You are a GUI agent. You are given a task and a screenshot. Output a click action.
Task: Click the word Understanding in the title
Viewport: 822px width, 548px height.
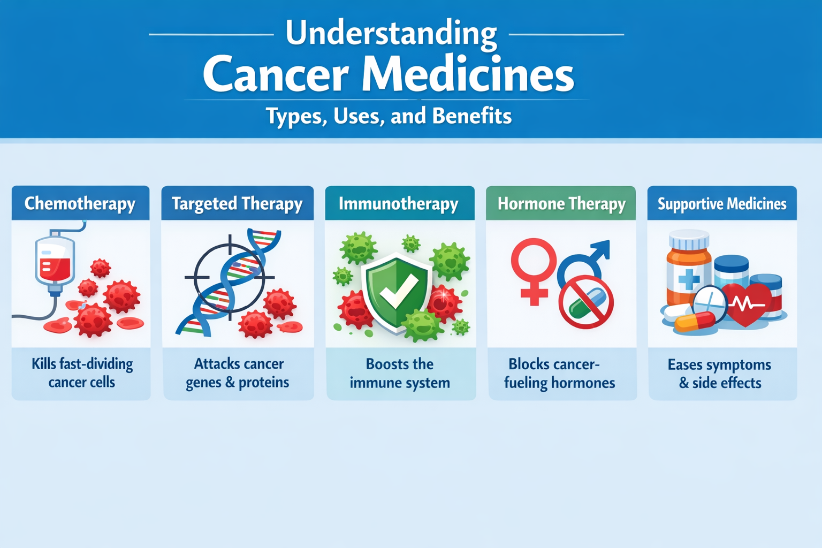click(391, 34)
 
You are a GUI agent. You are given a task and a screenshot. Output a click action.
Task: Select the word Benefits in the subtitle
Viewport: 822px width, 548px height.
click(472, 116)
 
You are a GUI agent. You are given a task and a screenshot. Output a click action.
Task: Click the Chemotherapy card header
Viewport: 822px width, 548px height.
click(80, 203)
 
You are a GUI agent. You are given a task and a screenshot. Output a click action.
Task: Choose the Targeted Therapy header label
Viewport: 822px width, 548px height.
click(238, 203)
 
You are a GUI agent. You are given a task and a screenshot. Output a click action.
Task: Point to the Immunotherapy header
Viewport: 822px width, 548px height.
click(400, 203)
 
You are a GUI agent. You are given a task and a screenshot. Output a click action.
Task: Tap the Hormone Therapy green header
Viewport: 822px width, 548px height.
click(561, 203)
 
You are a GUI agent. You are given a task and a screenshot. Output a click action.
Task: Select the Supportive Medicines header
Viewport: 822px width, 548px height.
click(722, 203)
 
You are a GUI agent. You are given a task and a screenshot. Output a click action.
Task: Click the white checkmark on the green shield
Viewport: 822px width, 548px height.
click(399, 292)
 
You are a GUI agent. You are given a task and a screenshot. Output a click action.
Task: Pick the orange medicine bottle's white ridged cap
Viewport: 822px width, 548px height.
click(689, 239)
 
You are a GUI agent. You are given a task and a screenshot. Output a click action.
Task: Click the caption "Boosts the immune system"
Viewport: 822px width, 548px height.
click(400, 374)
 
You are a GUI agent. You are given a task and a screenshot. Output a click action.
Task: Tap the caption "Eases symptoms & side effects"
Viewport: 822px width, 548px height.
click(720, 374)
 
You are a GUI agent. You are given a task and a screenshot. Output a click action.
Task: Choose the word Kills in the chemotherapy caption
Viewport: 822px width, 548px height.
click(44, 364)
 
